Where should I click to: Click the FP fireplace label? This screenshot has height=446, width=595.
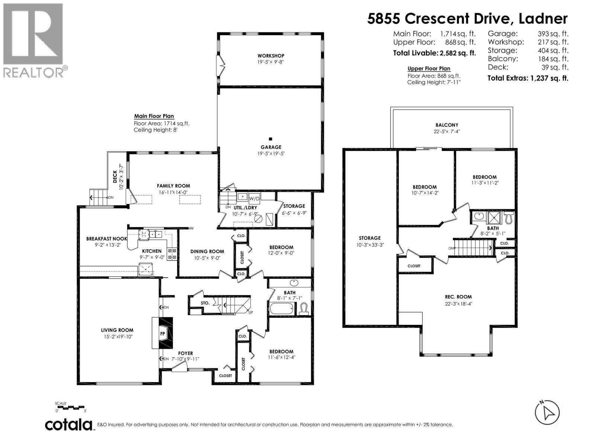[x=163, y=333]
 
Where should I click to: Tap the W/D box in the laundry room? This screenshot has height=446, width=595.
[x=254, y=198]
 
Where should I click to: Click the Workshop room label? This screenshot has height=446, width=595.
[x=271, y=56]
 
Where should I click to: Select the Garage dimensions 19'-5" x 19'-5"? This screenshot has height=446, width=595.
[x=271, y=153]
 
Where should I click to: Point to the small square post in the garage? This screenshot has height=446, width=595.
[x=271, y=139]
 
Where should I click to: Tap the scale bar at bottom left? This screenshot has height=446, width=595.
[x=71, y=408]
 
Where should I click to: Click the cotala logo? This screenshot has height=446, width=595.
[x=69, y=424]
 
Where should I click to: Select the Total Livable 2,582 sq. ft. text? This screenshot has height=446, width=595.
[x=434, y=53]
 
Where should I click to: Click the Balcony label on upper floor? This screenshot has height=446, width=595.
[x=447, y=125]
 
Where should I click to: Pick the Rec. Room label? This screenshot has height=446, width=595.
[x=458, y=297]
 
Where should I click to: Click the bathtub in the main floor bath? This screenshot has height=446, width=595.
[x=282, y=309]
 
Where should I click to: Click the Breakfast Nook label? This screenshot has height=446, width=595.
[x=106, y=239]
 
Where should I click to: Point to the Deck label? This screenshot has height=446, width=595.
[x=115, y=175]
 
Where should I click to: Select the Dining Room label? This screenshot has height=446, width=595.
[x=207, y=251]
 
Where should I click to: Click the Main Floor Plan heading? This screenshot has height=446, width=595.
[x=154, y=116]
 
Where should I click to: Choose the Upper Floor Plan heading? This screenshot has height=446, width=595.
[x=429, y=68]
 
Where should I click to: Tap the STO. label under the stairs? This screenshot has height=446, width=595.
[x=205, y=303]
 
